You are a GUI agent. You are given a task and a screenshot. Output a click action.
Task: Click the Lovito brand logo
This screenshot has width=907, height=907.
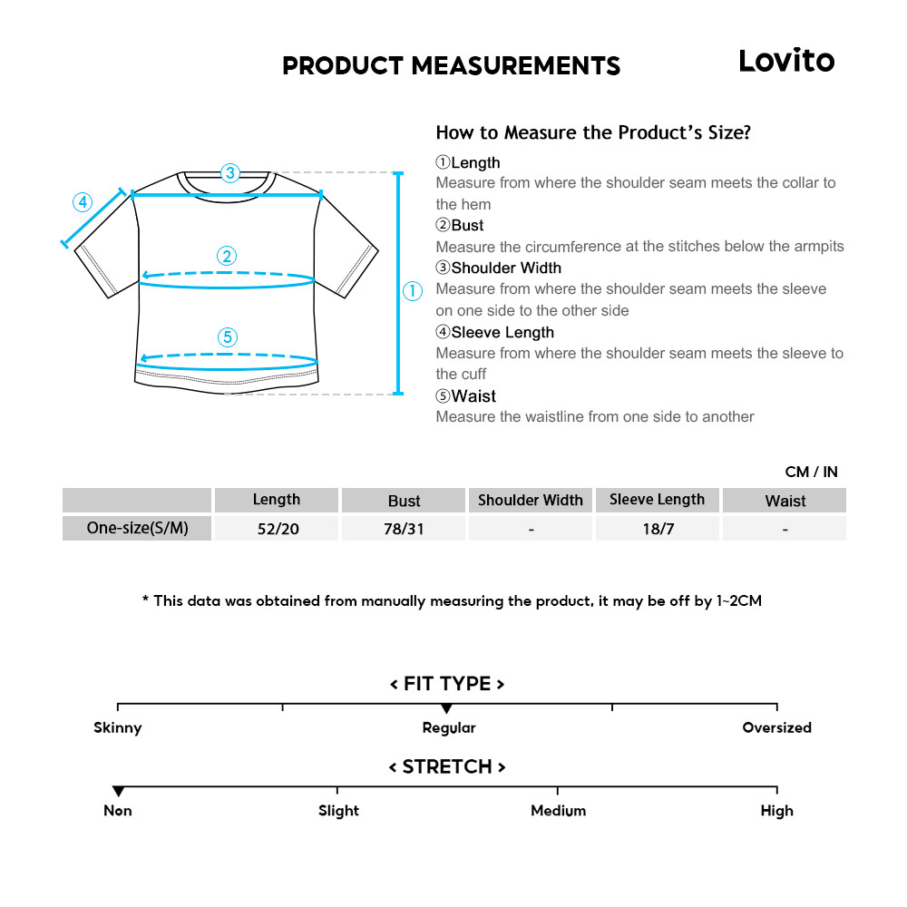pos(785,61)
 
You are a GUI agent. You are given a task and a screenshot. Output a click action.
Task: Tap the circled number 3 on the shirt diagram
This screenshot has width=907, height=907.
pos(229,172)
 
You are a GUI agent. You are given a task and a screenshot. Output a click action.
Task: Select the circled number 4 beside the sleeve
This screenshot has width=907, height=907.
pos(83,201)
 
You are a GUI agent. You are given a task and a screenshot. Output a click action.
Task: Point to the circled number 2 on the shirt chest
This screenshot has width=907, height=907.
pos(227,256)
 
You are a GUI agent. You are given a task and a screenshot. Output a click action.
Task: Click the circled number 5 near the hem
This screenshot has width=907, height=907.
pos(227,337)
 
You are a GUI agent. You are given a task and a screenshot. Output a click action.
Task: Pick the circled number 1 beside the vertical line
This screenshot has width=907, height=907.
pos(413,291)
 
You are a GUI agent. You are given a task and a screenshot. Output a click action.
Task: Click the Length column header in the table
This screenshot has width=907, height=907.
pos(277,500)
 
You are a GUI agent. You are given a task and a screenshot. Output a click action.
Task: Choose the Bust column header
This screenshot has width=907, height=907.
pos(404,501)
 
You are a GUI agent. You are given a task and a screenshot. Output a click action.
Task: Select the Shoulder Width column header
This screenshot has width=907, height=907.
pos(531,501)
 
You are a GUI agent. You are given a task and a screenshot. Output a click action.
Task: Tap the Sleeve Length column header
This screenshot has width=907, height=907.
pos(657,500)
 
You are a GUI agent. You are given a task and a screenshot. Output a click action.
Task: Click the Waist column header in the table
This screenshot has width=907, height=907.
pos(785,501)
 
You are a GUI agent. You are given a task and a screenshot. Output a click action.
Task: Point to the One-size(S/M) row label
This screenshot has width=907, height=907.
pos(137,528)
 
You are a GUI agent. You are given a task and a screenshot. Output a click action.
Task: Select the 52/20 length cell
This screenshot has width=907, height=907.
pos(278,529)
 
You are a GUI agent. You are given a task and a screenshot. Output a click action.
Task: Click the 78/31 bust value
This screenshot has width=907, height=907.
pos(404,529)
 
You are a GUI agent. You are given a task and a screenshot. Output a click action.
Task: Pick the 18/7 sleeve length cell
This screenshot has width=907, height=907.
pos(658,529)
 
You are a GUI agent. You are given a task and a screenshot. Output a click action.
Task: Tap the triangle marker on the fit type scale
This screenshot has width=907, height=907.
pos(446,708)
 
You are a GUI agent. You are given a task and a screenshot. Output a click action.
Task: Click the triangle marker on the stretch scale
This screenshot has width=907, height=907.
pos(118,792)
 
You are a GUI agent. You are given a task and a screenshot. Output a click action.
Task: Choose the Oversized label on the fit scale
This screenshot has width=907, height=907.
pos(776,727)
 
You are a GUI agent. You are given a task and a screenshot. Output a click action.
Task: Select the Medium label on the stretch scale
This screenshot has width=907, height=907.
pos(558,811)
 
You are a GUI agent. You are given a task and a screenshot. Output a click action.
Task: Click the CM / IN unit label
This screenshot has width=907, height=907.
pos(811,472)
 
